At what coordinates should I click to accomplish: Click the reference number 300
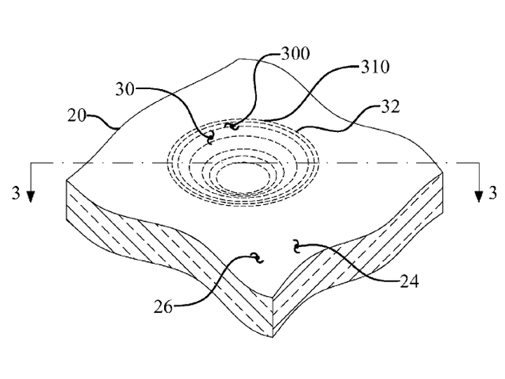point(296,53)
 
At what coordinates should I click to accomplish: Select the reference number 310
point(375,67)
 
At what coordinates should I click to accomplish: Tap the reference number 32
point(391,107)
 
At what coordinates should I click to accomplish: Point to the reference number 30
point(125,89)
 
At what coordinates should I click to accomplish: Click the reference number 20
point(76,115)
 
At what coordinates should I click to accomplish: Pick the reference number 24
point(409,281)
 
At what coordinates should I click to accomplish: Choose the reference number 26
point(163,307)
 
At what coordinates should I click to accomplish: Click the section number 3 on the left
point(15,193)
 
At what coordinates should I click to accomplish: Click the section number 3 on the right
point(493,193)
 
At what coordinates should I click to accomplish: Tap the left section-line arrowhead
point(31,197)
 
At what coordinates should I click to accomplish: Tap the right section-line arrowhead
point(479,197)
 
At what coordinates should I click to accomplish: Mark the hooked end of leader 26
point(257,258)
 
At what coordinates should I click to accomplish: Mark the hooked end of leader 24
point(296,246)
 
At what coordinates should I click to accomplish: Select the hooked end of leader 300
point(233,126)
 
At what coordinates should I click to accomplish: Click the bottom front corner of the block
point(273,337)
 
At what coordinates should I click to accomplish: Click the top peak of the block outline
point(239,59)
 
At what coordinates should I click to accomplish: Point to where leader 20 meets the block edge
point(118,128)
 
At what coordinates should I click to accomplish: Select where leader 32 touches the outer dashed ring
point(297,129)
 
